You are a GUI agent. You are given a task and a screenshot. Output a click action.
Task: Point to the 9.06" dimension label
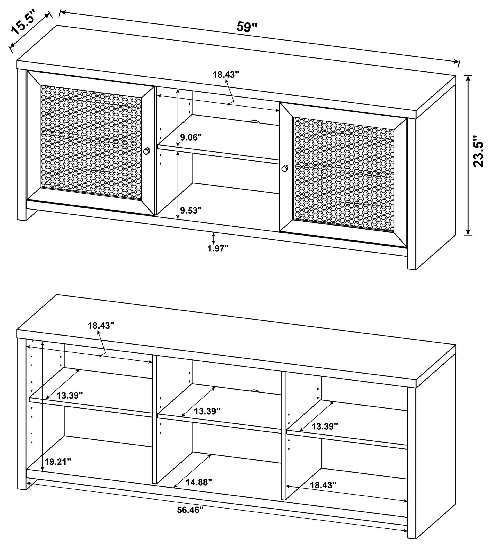191,137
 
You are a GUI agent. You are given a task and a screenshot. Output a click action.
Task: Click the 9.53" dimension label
191,210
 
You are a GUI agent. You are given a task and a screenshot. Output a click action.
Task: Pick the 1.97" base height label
218,248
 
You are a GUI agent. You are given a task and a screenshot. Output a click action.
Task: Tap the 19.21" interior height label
58,462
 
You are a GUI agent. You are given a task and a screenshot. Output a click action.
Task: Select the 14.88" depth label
199,482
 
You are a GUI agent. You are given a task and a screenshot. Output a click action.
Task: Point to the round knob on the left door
146,151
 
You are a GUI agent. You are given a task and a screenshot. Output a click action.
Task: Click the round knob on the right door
284,168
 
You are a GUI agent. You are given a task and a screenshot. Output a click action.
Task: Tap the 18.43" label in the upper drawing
226,75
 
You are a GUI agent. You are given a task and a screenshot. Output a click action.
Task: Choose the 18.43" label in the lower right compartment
323,485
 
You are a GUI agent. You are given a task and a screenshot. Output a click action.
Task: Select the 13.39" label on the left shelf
70,395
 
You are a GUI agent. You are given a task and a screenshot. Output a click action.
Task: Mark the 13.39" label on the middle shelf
207,411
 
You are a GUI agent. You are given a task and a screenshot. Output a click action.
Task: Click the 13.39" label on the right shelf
325,426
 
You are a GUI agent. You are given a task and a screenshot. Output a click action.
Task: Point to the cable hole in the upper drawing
254,122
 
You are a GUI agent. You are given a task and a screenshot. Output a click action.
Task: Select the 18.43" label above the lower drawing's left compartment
101,326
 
